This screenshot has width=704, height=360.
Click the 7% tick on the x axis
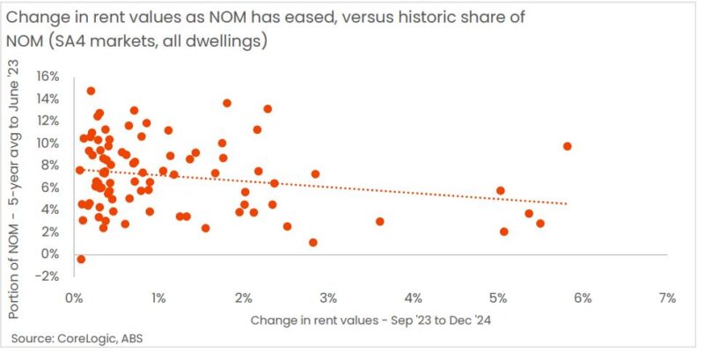[x=666, y=298]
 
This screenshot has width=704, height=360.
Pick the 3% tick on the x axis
[x=328, y=298]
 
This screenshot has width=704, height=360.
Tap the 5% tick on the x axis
[x=497, y=298]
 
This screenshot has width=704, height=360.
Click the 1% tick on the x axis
[x=158, y=298]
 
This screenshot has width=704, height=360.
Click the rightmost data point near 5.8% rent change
[x=568, y=146]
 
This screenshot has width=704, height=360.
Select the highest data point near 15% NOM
[x=91, y=91]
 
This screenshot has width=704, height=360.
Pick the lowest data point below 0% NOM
[x=81, y=259]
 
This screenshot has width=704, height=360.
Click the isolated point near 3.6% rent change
[x=379, y=221]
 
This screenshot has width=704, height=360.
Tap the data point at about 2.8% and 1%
[x=313, y=242]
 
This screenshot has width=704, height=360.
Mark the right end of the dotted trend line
[x=568, y=203]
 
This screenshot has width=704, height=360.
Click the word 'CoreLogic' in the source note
[x=89, y=339]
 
